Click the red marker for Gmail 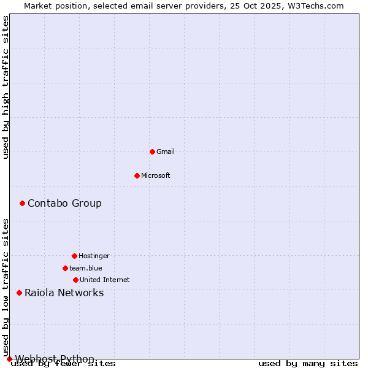pos(152,151)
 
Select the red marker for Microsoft pos(137,175)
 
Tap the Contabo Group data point pos(22,203)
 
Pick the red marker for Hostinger pos(74,256)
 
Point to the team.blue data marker pos(65,268)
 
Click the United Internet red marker pos(75,280)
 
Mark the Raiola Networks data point pos(19,293)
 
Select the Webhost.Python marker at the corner pos(9,359)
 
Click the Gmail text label pos(166,151)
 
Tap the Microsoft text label pos(156,175)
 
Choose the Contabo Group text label pos(64,203)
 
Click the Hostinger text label pos(94,256)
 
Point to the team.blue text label pos(86,268)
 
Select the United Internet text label pos(105,280)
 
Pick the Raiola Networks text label pos(64,293)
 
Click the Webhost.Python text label pos(55,359)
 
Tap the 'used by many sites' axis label pos(308,364)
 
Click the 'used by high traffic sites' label pos(6,87)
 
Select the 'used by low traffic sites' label pos(6,287)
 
